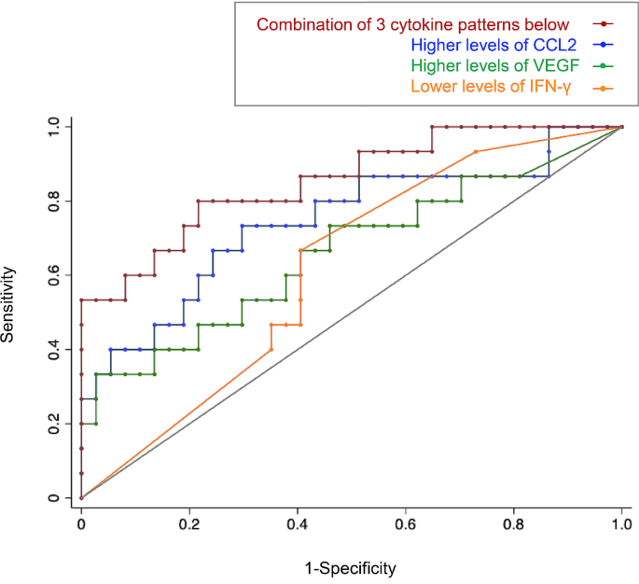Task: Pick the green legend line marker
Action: coord(603,67)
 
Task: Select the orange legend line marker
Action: coord(603,89)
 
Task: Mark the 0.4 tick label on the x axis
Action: coord(298,526)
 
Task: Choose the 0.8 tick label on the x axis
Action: coord(514,526)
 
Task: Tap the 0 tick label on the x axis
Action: coord(81,526)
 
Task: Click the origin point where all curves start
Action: coord(81,498)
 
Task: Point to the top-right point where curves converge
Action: coord(622,127)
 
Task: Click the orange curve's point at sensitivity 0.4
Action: coord(271,350)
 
